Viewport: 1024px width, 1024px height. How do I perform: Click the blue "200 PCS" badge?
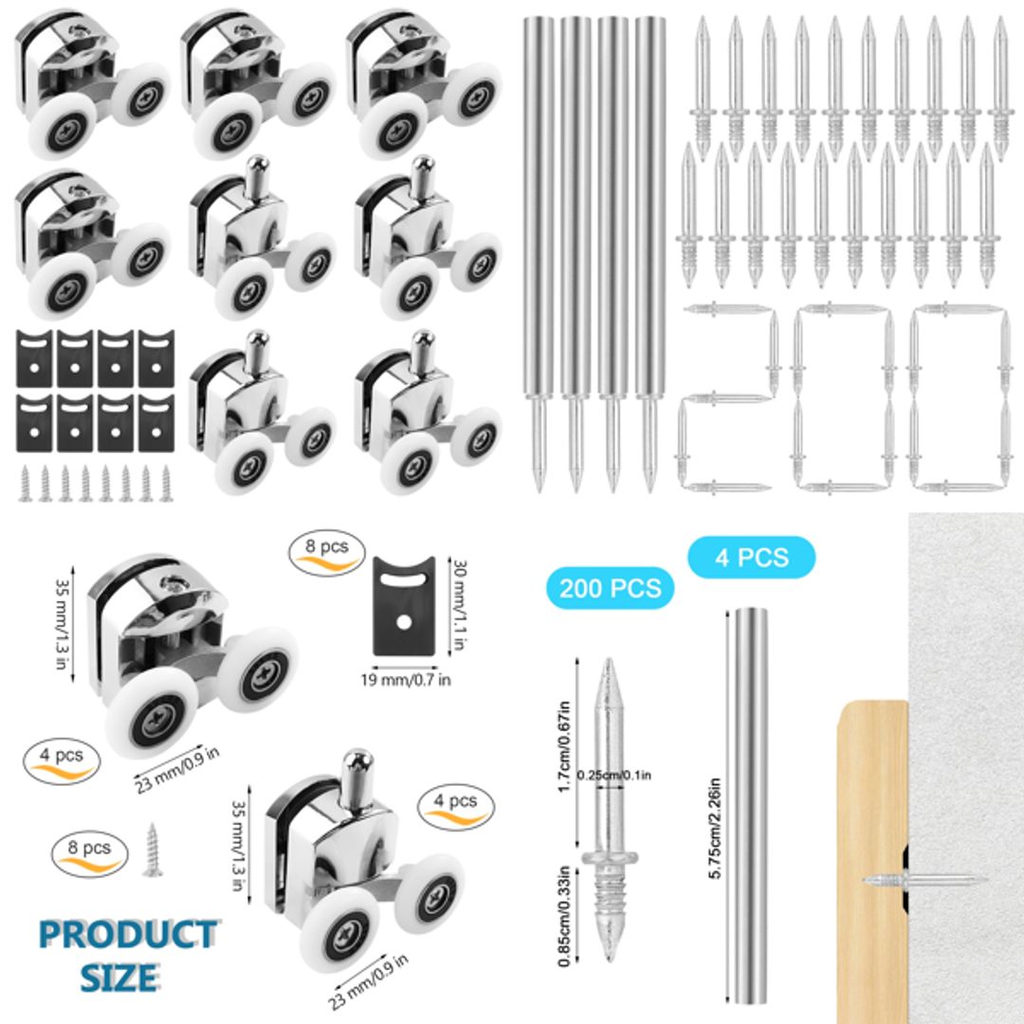tap(610, 587)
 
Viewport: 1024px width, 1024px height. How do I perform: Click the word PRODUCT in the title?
tap(127, 935)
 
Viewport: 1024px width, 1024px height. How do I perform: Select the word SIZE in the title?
tap(118, 977)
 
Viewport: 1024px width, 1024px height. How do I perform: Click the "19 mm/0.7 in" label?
tap(405, 679)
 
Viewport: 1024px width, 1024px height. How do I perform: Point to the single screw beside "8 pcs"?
tap(152, 850)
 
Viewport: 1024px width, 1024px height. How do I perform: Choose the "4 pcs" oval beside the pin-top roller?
tap(455, 804)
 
